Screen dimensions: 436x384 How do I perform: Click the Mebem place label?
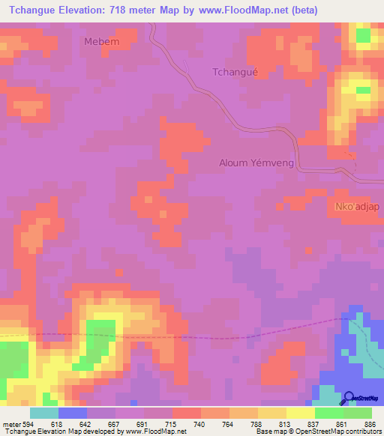(102, 41)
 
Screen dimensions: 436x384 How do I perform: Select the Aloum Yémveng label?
(254, 162)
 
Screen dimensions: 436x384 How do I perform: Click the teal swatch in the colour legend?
(44, 413)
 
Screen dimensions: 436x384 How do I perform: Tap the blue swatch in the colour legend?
(73, 413)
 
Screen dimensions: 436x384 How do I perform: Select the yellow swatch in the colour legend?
(300, 413)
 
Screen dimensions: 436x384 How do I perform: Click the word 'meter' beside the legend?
(11, 424)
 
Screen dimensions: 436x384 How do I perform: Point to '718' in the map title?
(113, 10)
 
